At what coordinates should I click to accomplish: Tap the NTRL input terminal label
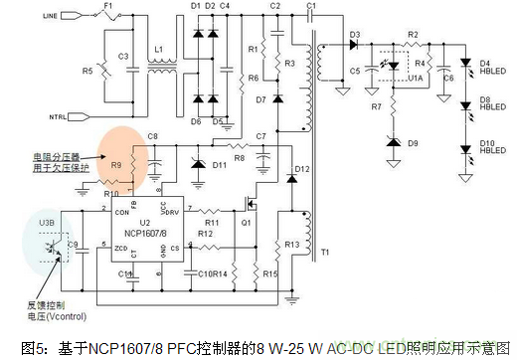[x=58, y=117]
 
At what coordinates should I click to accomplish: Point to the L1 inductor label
[x=157, y=49]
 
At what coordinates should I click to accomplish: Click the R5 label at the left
[x=86, y=71]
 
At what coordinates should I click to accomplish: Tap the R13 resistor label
[x=290, y=244]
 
